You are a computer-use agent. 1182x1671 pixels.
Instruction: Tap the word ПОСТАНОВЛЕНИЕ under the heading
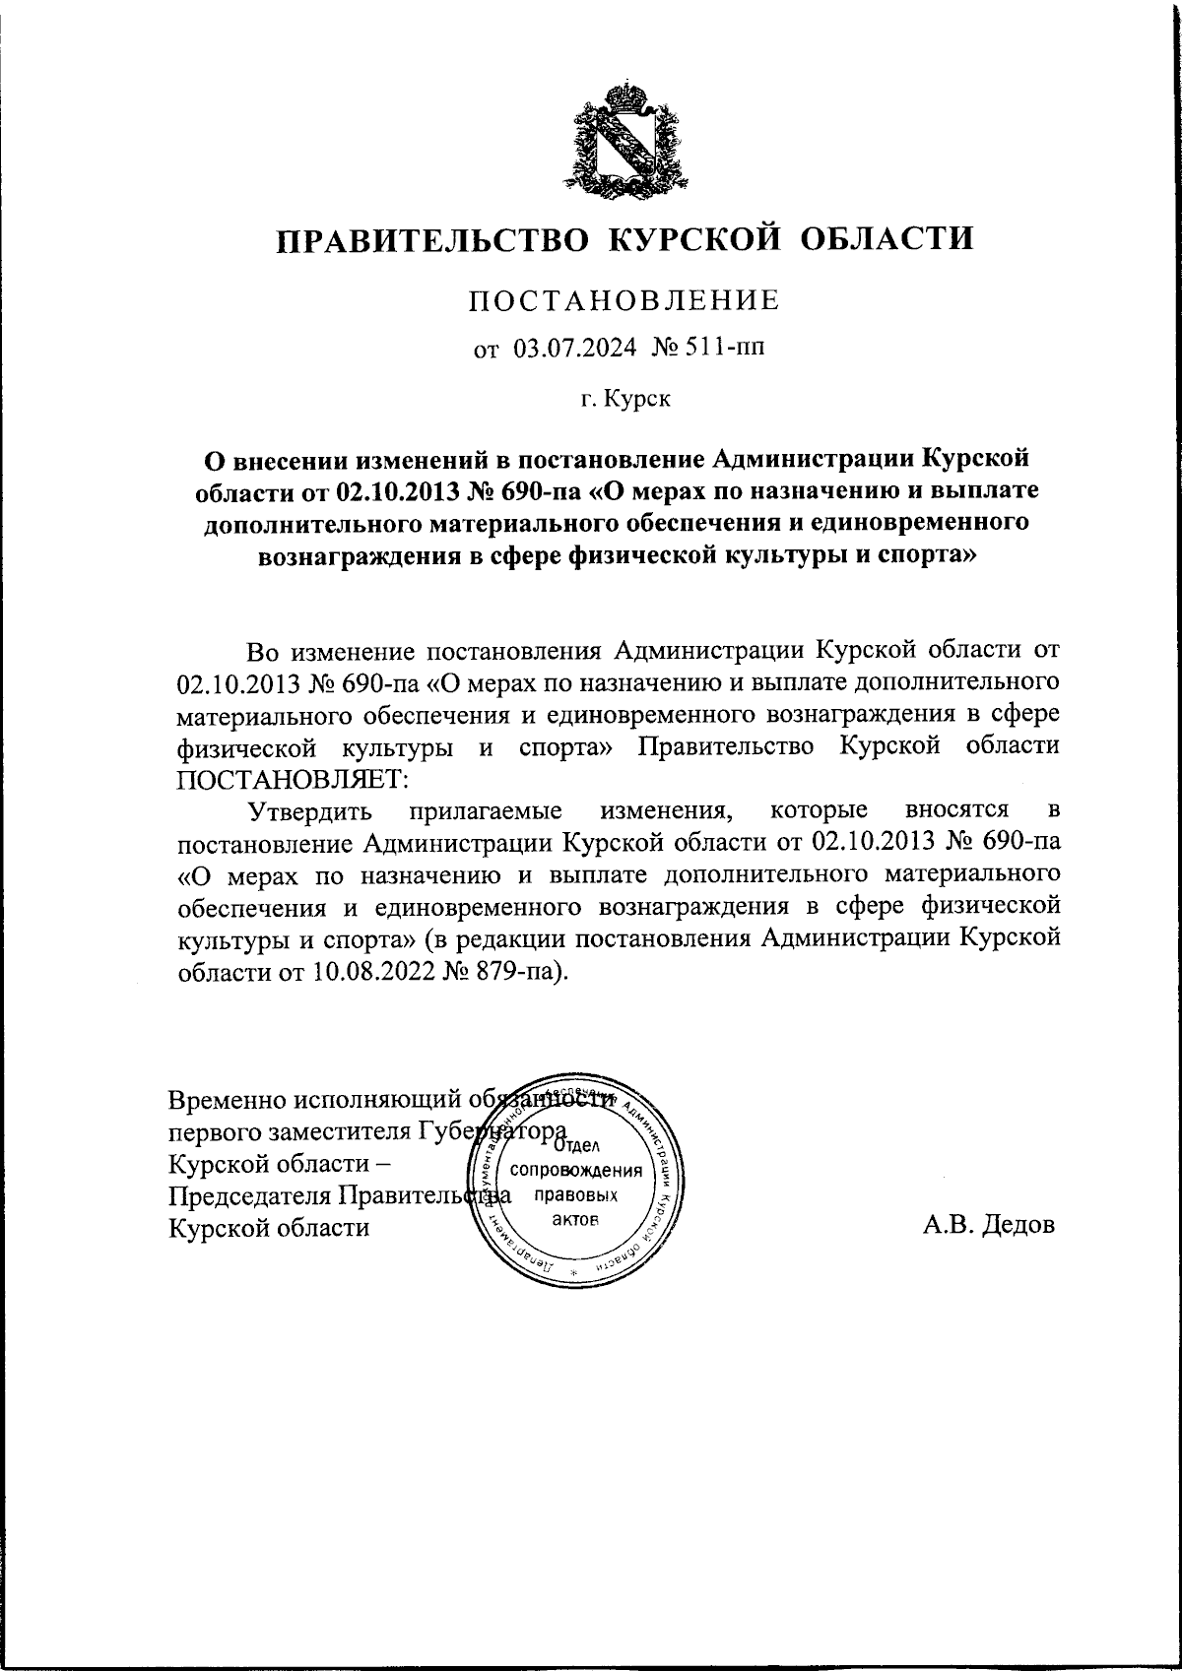tap(623, 300)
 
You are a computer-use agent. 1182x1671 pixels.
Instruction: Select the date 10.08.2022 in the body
tap(360, 971)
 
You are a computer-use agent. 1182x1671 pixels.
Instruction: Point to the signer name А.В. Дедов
tap(988, 1226)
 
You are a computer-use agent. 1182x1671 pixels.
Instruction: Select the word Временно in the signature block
tap(227, 1098)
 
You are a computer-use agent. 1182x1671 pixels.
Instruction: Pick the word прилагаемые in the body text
tap(486, 810)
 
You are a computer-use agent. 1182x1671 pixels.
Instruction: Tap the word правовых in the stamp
tap(574, 1195)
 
